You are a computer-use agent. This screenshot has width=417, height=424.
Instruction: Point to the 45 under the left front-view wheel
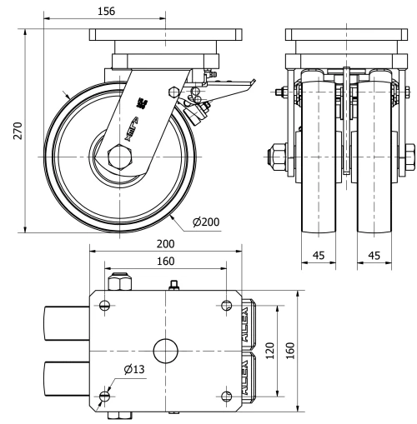[318, 256]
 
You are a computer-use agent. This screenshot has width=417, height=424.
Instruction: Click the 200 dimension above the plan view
[167, 244]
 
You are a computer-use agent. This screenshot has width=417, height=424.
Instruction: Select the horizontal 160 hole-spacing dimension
[167, 261]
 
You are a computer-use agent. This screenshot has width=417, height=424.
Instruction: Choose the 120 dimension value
[269, 351]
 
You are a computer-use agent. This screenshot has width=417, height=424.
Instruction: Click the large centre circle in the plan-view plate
[166, 350]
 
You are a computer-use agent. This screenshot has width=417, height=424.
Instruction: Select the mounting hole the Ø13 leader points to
[104, 396]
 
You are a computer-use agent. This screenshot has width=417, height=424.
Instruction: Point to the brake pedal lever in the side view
[233, 85]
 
